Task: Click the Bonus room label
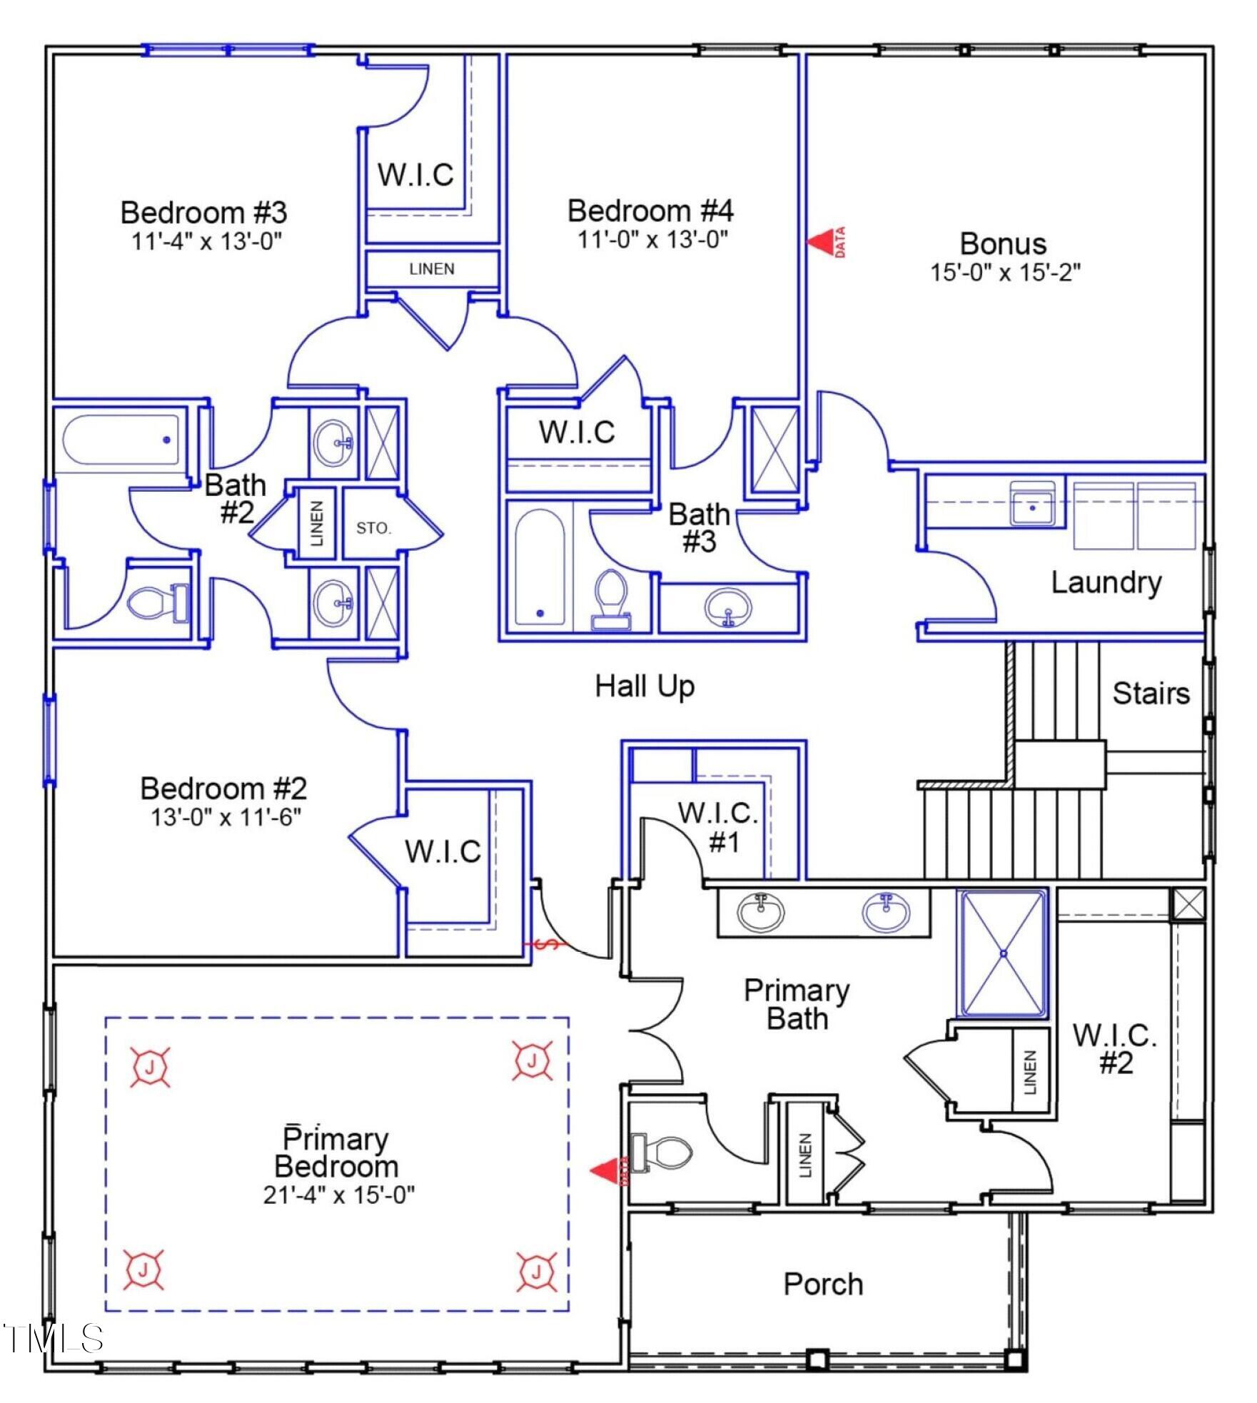pos(1003,244)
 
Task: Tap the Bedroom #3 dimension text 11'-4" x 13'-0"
pos(207,241)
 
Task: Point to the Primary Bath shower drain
pos(1003,953)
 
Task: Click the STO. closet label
pos(373,529)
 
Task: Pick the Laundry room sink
pos(1032,504)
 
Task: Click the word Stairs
pos(1151,694)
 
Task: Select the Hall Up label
pos(645,687)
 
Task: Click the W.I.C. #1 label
pos(718,828)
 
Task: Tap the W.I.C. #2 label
pos(1115,1048)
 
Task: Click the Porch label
pos(823,1285)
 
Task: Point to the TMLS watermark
pos(54,1339)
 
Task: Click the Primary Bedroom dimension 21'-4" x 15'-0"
pos(339,1195)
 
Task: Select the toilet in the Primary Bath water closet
pos(662,1152)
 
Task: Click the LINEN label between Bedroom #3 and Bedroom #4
pos(432,269)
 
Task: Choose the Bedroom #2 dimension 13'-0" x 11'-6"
pos(226,816)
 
